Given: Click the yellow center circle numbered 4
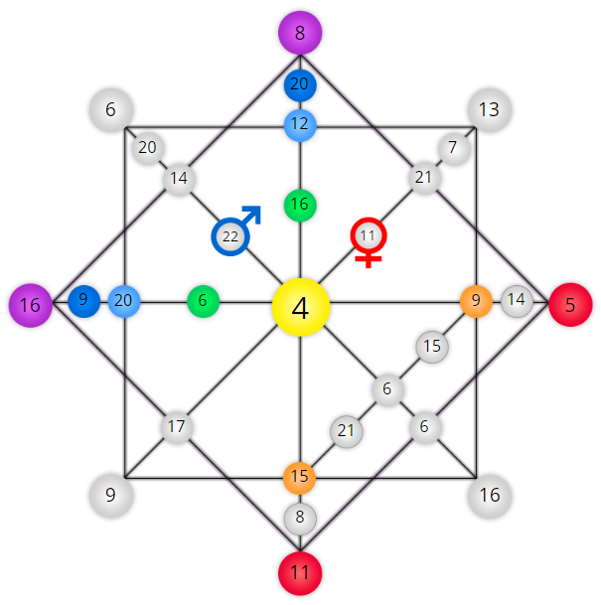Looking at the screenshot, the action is coord(301,307).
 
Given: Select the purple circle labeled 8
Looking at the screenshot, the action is coord(300,33).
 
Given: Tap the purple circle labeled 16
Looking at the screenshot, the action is coord(31,305).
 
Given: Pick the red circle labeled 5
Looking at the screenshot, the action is coord(570,305).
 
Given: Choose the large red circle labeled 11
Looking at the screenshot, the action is coord(300,573).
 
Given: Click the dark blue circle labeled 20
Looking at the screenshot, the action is coord(300,85).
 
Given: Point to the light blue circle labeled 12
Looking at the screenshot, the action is coord(300,125).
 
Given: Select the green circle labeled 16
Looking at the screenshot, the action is coord(300,206).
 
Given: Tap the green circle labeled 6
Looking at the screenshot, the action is coord(204,301).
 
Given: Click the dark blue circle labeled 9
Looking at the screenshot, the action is coord(84,301).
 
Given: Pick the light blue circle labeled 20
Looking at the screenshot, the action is coord(124,301).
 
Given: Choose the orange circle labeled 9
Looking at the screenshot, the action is coord(476,301).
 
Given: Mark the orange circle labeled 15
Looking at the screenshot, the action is coord(299,478).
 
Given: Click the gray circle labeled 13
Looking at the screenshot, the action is coord(490,110).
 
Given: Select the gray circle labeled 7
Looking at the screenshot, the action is coord(454,149).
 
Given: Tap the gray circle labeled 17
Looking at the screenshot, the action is coord(177,427).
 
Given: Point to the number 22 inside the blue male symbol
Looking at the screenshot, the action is coord(230,236).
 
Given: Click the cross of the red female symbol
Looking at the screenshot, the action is coord(369,259).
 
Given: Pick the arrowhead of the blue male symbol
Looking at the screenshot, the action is coord(253,214).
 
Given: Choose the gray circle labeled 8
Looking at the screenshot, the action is coord(300,519).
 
